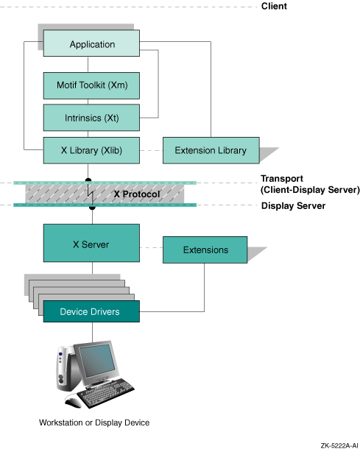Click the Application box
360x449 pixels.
[91, 43]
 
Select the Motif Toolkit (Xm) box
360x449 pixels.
[91, 85]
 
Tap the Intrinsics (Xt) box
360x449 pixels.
[91, 118]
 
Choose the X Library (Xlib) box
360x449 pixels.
[91, 150]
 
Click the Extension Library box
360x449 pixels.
[211, 150]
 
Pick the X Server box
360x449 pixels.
[91, 243]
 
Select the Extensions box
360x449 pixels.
[205, 250]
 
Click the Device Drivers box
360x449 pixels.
[91, 311]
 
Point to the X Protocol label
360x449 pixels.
[137, 194]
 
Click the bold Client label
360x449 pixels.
[274, 6]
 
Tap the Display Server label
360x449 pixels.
[293, 205]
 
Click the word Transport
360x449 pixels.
[282, 178]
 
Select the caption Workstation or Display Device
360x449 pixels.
[94, 423]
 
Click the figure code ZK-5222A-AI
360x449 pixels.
[339, 445]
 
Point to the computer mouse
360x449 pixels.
[73, 400]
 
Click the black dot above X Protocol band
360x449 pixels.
[88, 180]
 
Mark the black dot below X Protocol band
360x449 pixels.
[92, 208]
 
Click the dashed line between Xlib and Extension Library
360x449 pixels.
[151, 150]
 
